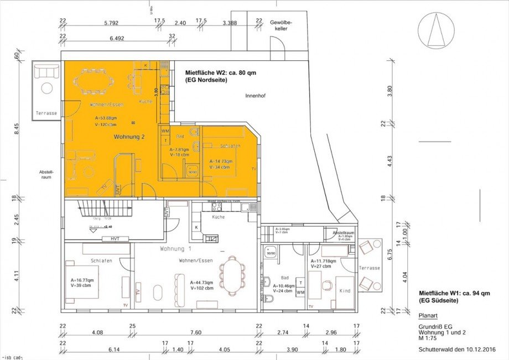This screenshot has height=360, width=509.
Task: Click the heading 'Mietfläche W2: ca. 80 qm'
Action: tap(220, 72)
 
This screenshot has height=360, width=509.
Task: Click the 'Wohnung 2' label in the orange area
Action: tap(130, 136)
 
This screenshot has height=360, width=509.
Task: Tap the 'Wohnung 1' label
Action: tap(176, 249)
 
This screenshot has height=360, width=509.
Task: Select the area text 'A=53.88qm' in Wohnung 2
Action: tap(106, 118)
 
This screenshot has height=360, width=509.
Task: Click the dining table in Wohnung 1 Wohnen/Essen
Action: tap(232, 275)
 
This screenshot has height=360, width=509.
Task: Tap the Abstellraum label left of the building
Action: tap(46, 175)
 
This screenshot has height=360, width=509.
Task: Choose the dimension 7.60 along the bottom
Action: tap(194, 333)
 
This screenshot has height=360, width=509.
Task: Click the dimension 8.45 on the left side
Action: tap(17, 128)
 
